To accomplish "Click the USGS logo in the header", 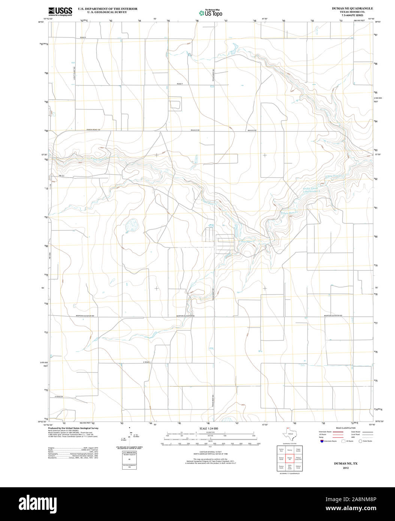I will [60, 11].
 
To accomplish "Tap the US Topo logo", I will [211, 13].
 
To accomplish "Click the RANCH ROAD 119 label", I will [94, 130].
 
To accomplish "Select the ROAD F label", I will [180, 84].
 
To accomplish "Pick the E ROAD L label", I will [147, 362].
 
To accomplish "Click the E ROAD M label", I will [58, 397].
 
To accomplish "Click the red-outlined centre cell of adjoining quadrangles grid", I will [290, 458].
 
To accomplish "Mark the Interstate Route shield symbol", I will [322, 441].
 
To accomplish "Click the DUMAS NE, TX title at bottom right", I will [346, 464].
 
